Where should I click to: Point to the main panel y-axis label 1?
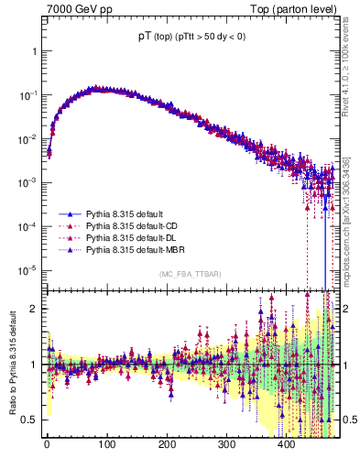(35, 51)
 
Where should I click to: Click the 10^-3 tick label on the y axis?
(30, 182)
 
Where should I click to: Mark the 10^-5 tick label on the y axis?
(30, 270)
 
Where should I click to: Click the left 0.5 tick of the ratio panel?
(32, 420)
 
